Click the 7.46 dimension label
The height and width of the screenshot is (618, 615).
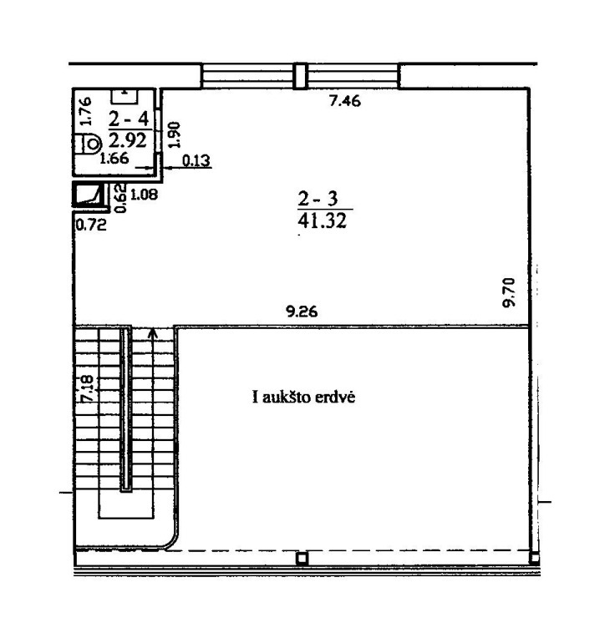pos(345,101)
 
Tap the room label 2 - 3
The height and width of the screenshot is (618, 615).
pos(318,199)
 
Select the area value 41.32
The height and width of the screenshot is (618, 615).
pos(322,220)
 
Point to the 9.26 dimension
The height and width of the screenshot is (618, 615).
pos(302,312)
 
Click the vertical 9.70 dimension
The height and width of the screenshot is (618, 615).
pos(510,292)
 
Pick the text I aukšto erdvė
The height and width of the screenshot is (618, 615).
pos(303,397)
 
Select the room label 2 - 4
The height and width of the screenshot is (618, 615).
pos(129,119)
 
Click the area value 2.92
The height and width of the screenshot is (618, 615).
pos(128,140)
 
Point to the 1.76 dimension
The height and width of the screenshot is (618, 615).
pos(85,112)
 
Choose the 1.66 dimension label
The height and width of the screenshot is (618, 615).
pos(114,159)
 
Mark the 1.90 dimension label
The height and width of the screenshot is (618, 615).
pos(174,134)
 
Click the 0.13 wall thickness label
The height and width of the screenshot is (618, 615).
pos(196,160)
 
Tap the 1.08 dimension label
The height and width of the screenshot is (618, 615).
pos(144,195)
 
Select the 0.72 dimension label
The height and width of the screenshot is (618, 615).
pos(91,225)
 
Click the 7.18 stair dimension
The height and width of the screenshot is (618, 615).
pos(87,388)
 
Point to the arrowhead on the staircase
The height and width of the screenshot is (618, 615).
pos(153,334)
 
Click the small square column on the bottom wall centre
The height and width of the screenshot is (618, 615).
pos(302,559)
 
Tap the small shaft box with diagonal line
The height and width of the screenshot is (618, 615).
pos(89,195)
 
